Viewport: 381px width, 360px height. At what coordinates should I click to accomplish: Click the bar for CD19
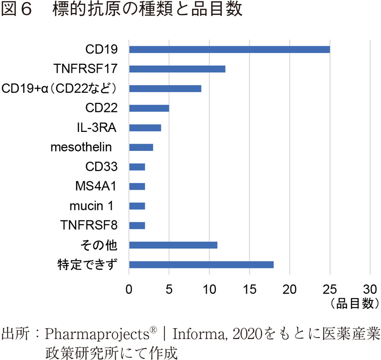point(229,50)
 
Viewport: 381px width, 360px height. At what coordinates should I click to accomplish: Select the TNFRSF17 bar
point(177,69)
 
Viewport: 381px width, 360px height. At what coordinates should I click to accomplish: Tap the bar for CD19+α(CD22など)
point(165,89)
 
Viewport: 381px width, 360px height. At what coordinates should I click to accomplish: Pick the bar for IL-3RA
point(145,128)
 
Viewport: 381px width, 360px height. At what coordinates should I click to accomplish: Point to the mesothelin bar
point(141,147)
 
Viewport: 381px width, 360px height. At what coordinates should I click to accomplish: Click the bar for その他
point(173,245)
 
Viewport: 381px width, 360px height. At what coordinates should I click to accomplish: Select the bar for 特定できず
point(201,264)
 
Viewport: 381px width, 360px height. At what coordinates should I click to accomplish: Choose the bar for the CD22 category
point(149,108)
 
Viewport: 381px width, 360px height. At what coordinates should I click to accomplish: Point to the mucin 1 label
point(93,206)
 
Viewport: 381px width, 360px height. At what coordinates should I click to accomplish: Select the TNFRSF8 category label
point(89,225)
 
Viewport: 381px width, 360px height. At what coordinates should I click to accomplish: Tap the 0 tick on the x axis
point(129,289)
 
